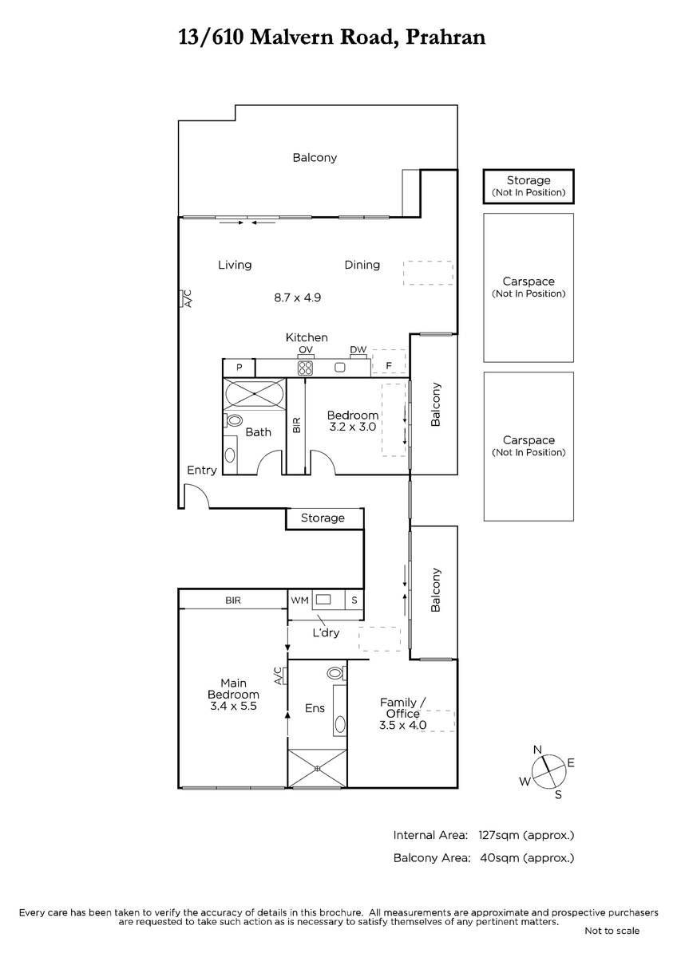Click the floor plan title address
click(x=332, y=37)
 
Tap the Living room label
click(x=235, y=265)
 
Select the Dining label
click(x=362, y=265)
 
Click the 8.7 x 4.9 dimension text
click(x=297, y=297)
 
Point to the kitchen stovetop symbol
click(x=305, y=368)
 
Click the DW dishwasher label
click(x=358, y=349)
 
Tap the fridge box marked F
click(x=389, y=363)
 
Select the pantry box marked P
click(x=239, y=367)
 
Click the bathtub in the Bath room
click(x=255, y=393)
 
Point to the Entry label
click(x=202, y=470)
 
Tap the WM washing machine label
click(x=300, y=601)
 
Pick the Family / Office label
click(x=403, y=708)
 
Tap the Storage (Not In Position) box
click(x=529, y=187)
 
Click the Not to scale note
click(x=612, y=931)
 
